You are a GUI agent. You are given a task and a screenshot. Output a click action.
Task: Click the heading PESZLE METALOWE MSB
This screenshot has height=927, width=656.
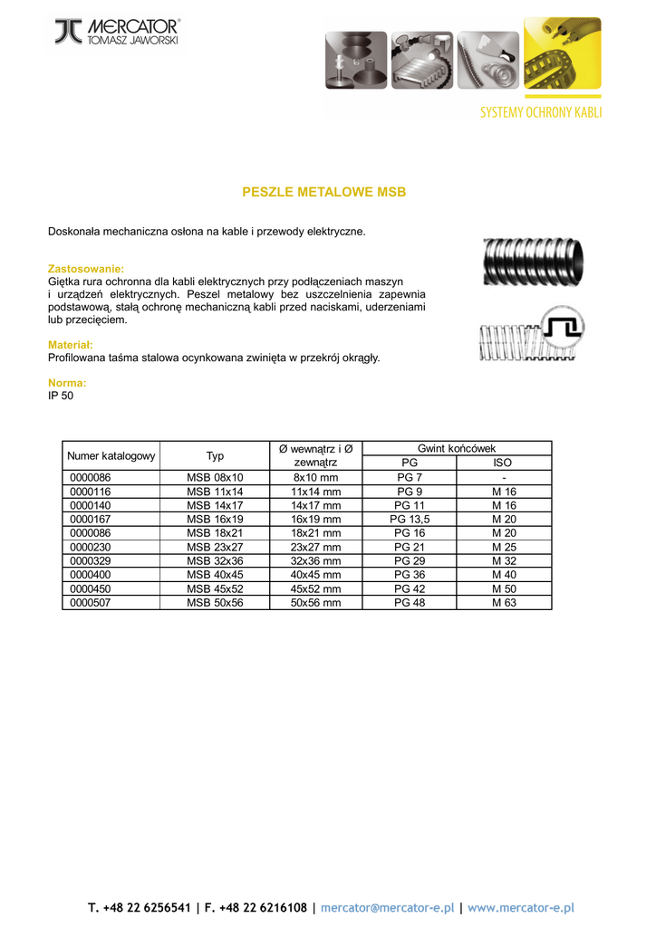(323, 192)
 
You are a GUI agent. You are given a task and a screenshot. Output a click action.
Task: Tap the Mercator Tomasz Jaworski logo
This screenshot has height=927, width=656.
(117, 32)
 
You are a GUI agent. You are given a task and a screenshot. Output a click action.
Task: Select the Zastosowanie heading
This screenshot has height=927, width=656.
(85, 270)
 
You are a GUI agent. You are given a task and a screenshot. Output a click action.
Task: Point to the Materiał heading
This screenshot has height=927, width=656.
(71, 345)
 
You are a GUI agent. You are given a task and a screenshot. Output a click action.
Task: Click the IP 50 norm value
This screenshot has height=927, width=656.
(61, 396)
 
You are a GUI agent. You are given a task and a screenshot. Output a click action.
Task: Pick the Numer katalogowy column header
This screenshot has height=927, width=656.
(111, 456)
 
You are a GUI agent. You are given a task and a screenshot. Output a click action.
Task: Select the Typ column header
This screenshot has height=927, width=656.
(215, 456)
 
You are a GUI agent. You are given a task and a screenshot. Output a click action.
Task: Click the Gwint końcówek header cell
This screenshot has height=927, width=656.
(456, 449)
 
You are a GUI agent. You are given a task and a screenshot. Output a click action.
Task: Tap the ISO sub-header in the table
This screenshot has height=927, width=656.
(503, 463)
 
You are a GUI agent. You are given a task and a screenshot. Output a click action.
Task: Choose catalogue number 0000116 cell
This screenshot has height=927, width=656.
(89, 492)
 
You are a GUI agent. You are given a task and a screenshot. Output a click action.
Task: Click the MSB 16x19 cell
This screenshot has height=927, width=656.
(215, 520)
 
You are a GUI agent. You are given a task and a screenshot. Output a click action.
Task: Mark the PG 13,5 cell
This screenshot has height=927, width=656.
(410, 520)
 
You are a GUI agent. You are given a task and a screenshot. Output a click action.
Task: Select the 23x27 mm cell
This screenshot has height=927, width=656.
(315, 548)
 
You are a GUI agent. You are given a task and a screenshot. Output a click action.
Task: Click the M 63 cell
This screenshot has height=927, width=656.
(504, 603)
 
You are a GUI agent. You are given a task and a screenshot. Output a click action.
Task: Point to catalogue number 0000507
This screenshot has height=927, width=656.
(89, 603)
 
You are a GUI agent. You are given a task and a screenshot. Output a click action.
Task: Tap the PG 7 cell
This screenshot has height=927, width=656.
(410, 478)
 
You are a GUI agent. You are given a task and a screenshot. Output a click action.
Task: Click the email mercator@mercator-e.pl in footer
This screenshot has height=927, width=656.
(386, 907)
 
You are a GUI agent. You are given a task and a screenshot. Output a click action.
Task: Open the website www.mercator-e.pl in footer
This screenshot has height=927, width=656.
(521, 907)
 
